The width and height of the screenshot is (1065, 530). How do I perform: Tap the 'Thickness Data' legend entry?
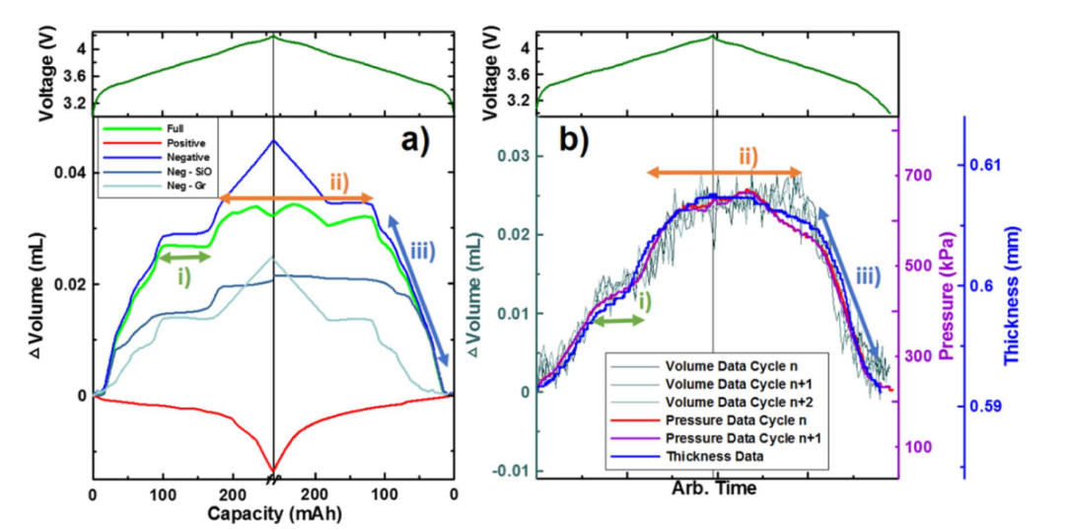point(718,458)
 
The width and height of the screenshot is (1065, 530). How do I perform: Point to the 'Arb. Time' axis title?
point(712,488)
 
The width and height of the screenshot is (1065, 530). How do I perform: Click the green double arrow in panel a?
point(185,257)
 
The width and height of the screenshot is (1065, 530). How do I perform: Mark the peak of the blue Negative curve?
point(273,140)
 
